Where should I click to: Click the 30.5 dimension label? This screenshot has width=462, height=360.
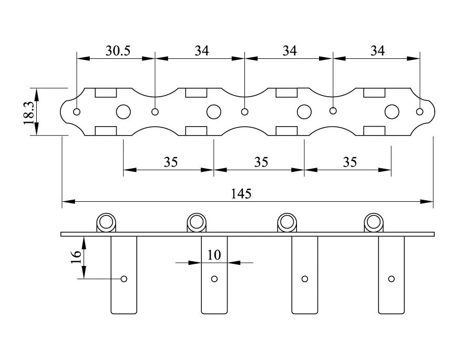[x=118, y=51]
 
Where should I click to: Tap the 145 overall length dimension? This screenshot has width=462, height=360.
[x=241, y=194]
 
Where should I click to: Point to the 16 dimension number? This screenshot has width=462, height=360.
[x=76, y=257]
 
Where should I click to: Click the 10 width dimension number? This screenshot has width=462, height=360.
[x=214, y=255]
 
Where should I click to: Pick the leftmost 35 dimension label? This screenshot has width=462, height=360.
[x=171, y=162]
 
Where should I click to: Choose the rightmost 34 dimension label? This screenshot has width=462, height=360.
[x=377, y=51]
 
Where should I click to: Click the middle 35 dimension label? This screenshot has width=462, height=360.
[x=261, y=162]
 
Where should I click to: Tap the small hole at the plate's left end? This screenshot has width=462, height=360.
[x=77, y=112]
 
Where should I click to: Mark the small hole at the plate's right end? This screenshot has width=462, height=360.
[x=420, y=111]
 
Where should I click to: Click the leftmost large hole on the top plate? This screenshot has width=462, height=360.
[x=124, y=111]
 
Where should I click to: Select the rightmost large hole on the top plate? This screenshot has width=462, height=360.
[x=392, y=111]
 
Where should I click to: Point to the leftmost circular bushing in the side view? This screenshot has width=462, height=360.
[x=106, y=222]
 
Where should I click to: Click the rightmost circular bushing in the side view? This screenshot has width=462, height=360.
[x=374, y=222]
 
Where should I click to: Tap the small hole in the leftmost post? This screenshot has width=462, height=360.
[x=124, y=279]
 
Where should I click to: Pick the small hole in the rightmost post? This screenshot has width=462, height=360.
[x=392, y=279]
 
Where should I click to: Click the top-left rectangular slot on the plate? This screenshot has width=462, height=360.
[x=106, y=93]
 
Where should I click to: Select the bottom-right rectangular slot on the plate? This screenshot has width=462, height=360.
[x=375, y=131]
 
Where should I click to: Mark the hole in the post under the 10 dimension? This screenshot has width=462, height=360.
[x=214, y=279]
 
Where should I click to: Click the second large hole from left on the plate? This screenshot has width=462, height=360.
[x=214, y=111]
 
